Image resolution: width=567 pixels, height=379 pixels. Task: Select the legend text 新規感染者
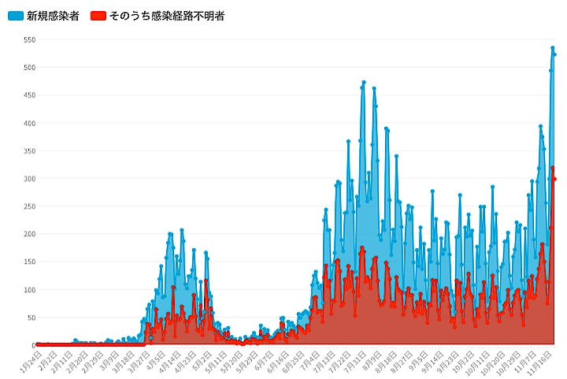[x=52, y=16]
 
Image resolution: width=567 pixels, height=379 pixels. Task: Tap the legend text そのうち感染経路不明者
[x=168, y=16]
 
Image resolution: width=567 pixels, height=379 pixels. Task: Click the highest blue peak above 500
[x=552, y=47]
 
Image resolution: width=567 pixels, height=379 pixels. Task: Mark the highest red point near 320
[x=552, y=168]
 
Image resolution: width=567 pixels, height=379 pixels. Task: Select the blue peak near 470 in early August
[x=364, y=82]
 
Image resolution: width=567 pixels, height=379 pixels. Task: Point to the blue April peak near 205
[x=182, y=230]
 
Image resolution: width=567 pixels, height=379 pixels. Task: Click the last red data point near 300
[x=554, y=179]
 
